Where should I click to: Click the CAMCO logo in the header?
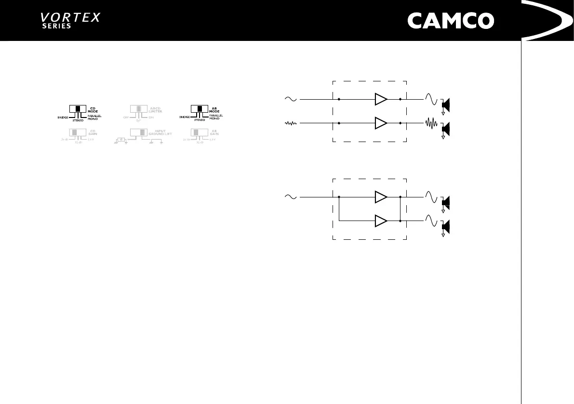point(451,21)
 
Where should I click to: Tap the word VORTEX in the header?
point(70,17)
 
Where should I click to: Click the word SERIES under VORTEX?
point(56,26)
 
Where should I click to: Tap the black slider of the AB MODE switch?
point(199,109)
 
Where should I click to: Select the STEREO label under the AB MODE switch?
point(199,120)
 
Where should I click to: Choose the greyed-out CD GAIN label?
point(94,132)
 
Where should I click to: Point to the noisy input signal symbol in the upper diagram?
point(291,123)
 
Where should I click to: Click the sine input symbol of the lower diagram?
point(291,197)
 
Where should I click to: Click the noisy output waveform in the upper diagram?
point(431,123)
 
